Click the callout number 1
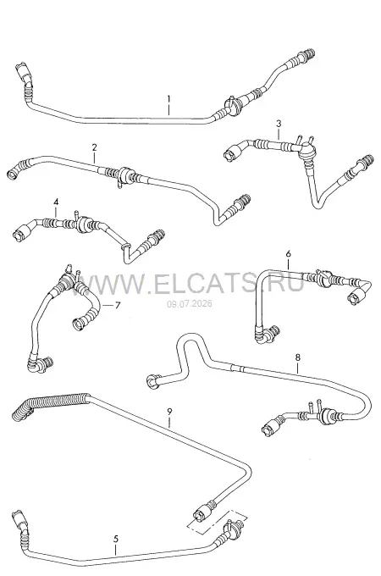(168, 99)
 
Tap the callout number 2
(94, 147)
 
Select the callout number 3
(279, 124)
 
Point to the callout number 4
(56, 202)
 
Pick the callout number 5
(116, 539)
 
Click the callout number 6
(288, 253)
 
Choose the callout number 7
(118, 305)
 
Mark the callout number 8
(297, 357)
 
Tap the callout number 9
(169, 412)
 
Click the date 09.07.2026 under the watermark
(190, 304)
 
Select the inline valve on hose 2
(124, 174)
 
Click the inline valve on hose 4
(82, 223)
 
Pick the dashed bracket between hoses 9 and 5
(217, 521)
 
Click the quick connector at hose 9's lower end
(202, 512)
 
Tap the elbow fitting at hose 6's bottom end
(266, 334)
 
